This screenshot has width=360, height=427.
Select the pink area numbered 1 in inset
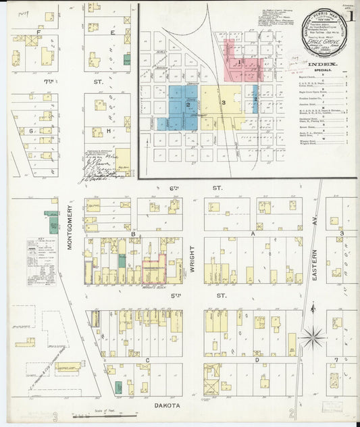[238, 62]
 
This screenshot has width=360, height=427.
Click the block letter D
[256, 360]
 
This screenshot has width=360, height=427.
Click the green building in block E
[127, 59]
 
